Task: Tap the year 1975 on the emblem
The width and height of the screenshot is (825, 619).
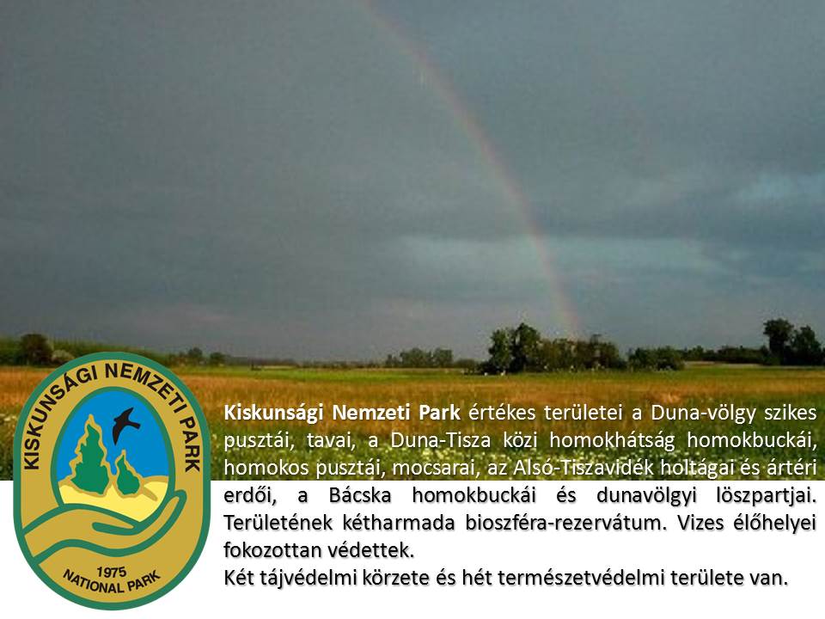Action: [x=111, y=572]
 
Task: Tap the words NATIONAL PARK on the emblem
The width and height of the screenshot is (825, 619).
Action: [x=111, y=582]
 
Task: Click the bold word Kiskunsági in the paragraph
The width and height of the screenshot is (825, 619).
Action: [x=273, y=414]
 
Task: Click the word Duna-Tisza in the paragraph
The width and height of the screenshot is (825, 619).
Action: [x=440, y=440]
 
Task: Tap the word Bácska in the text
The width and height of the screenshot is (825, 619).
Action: [x=360, y=495]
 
